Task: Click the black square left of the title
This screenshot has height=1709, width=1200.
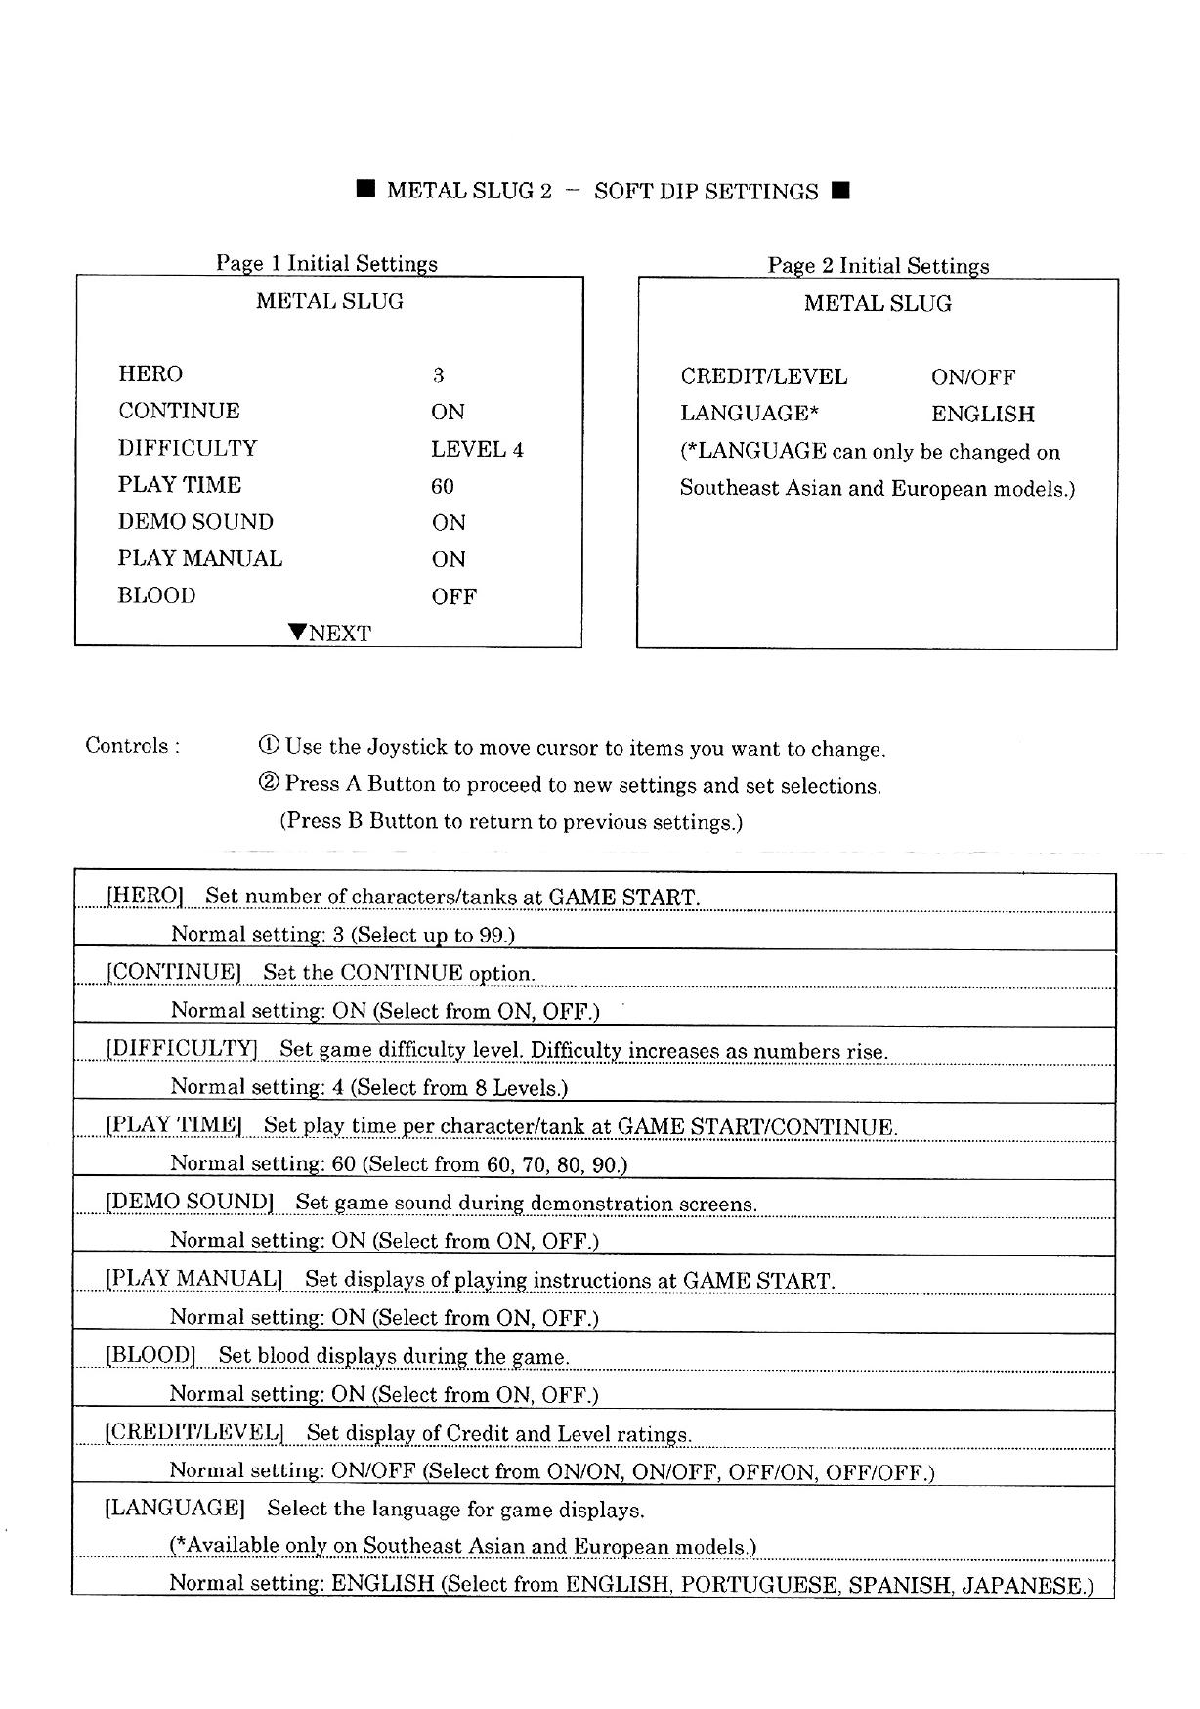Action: (x=366, y=190)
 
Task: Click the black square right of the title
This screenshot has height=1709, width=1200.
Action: (x=840, y=191)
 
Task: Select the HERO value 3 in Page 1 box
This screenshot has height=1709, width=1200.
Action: (x=439, y=375)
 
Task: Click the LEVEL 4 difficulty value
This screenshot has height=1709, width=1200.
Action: (x=477, y=450)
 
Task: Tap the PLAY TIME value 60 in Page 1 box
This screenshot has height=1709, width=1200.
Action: (x=443, y=487)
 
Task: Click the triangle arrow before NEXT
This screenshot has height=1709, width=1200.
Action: (x=298, y=633)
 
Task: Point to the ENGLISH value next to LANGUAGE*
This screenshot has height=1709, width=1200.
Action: (x=982, y=415)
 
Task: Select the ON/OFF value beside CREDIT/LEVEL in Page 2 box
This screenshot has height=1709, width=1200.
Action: (x=972, y=378)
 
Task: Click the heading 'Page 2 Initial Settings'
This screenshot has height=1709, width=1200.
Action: (x=878, y=266)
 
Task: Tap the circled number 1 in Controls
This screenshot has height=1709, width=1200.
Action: (x=269, y=747)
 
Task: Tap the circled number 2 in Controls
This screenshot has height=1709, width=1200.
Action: (x=269, y=784)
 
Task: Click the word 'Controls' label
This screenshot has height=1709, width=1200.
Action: (x=127, y=746)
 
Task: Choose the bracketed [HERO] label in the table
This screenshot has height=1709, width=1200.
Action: (x=145, y=897)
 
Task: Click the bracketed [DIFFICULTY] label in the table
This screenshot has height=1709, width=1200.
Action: (x=182, y=1049)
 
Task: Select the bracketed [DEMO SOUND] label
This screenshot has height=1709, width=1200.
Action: (x=189, y=1202)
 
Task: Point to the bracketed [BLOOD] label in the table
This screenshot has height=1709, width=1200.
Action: (x=150, y=1355)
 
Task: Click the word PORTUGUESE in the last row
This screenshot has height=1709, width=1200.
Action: (x=758, y=1585)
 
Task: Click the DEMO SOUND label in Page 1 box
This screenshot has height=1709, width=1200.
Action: (x=195, y=522)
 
